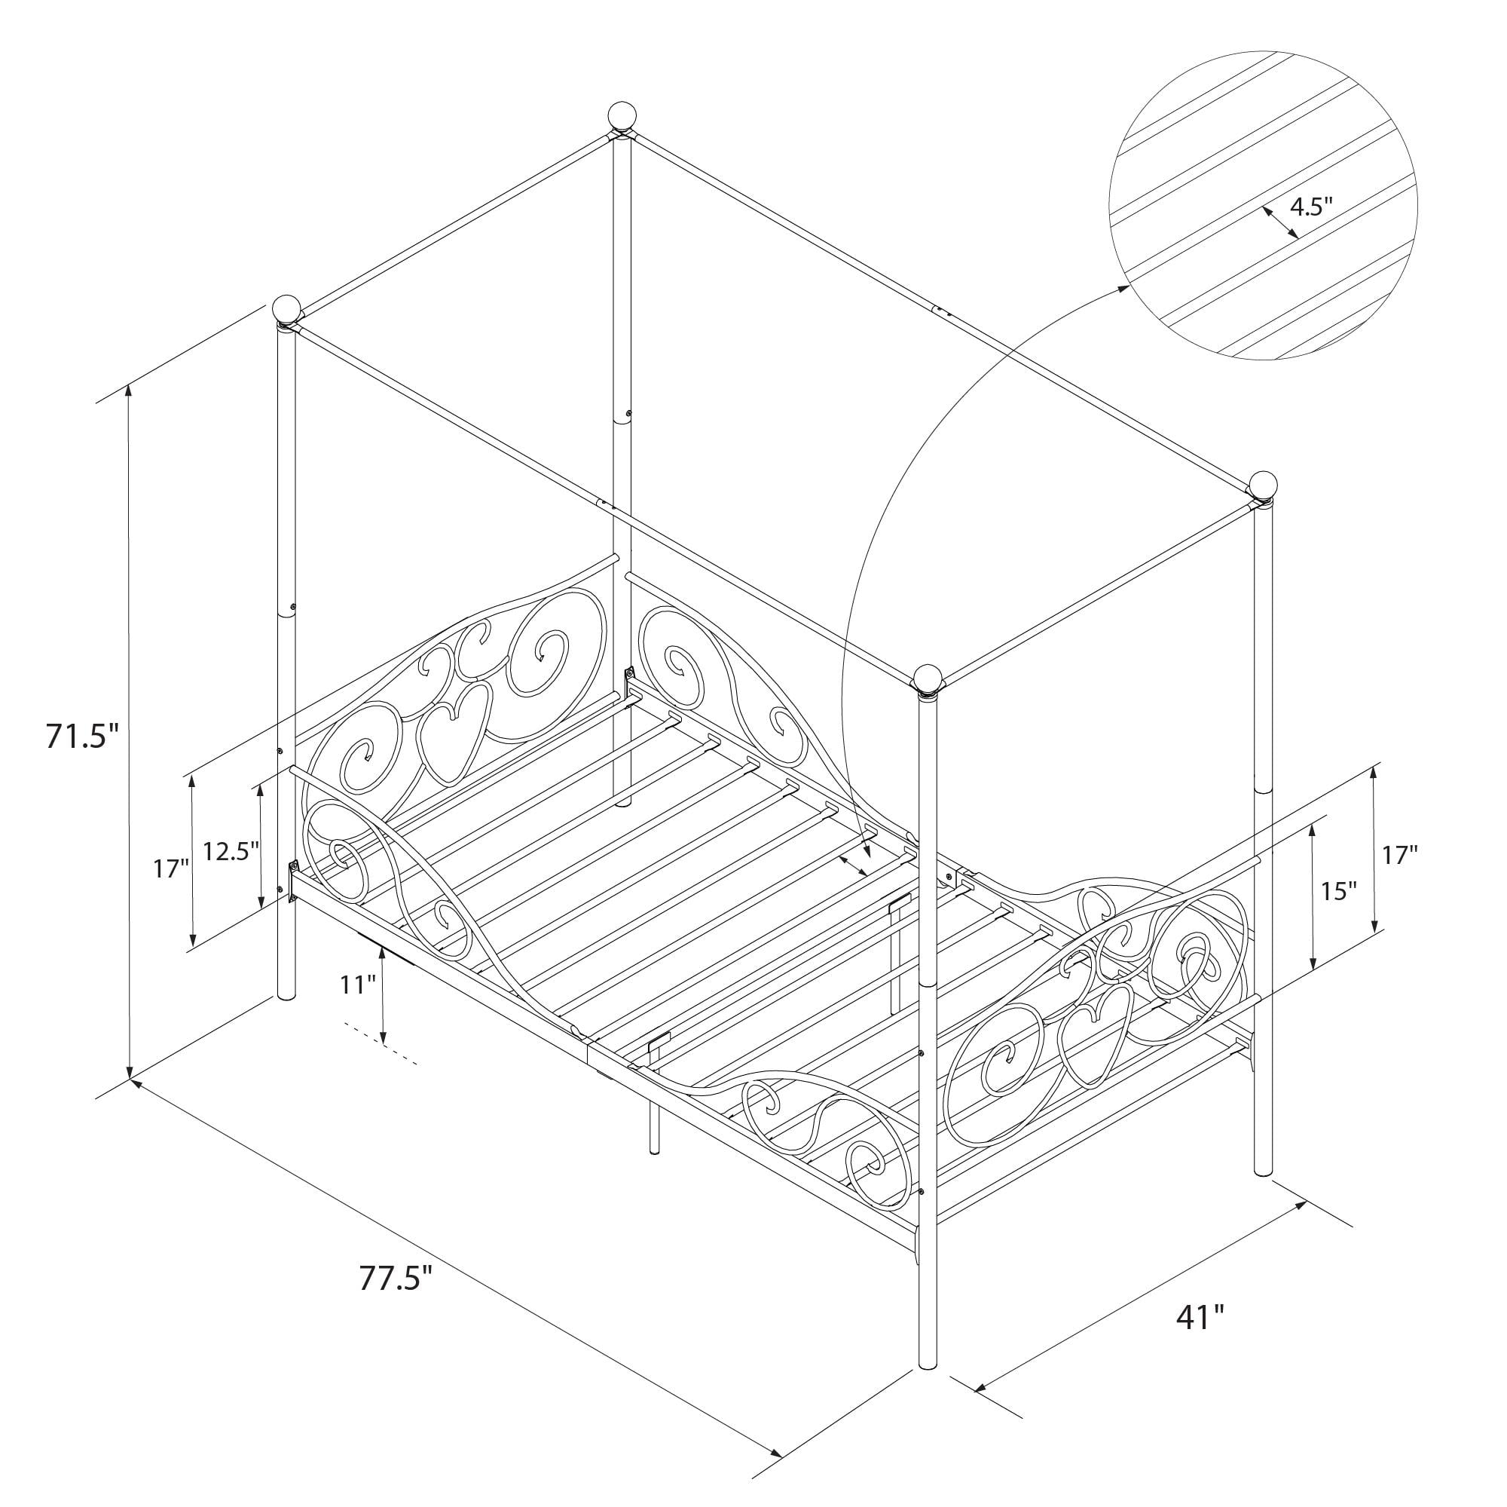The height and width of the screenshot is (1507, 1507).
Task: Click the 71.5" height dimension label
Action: click(82, 736)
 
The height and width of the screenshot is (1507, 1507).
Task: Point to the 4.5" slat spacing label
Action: click(1311, 206)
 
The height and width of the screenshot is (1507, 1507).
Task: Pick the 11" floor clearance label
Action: click(358, 985)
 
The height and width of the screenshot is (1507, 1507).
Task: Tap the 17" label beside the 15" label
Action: click(1400, 856)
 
